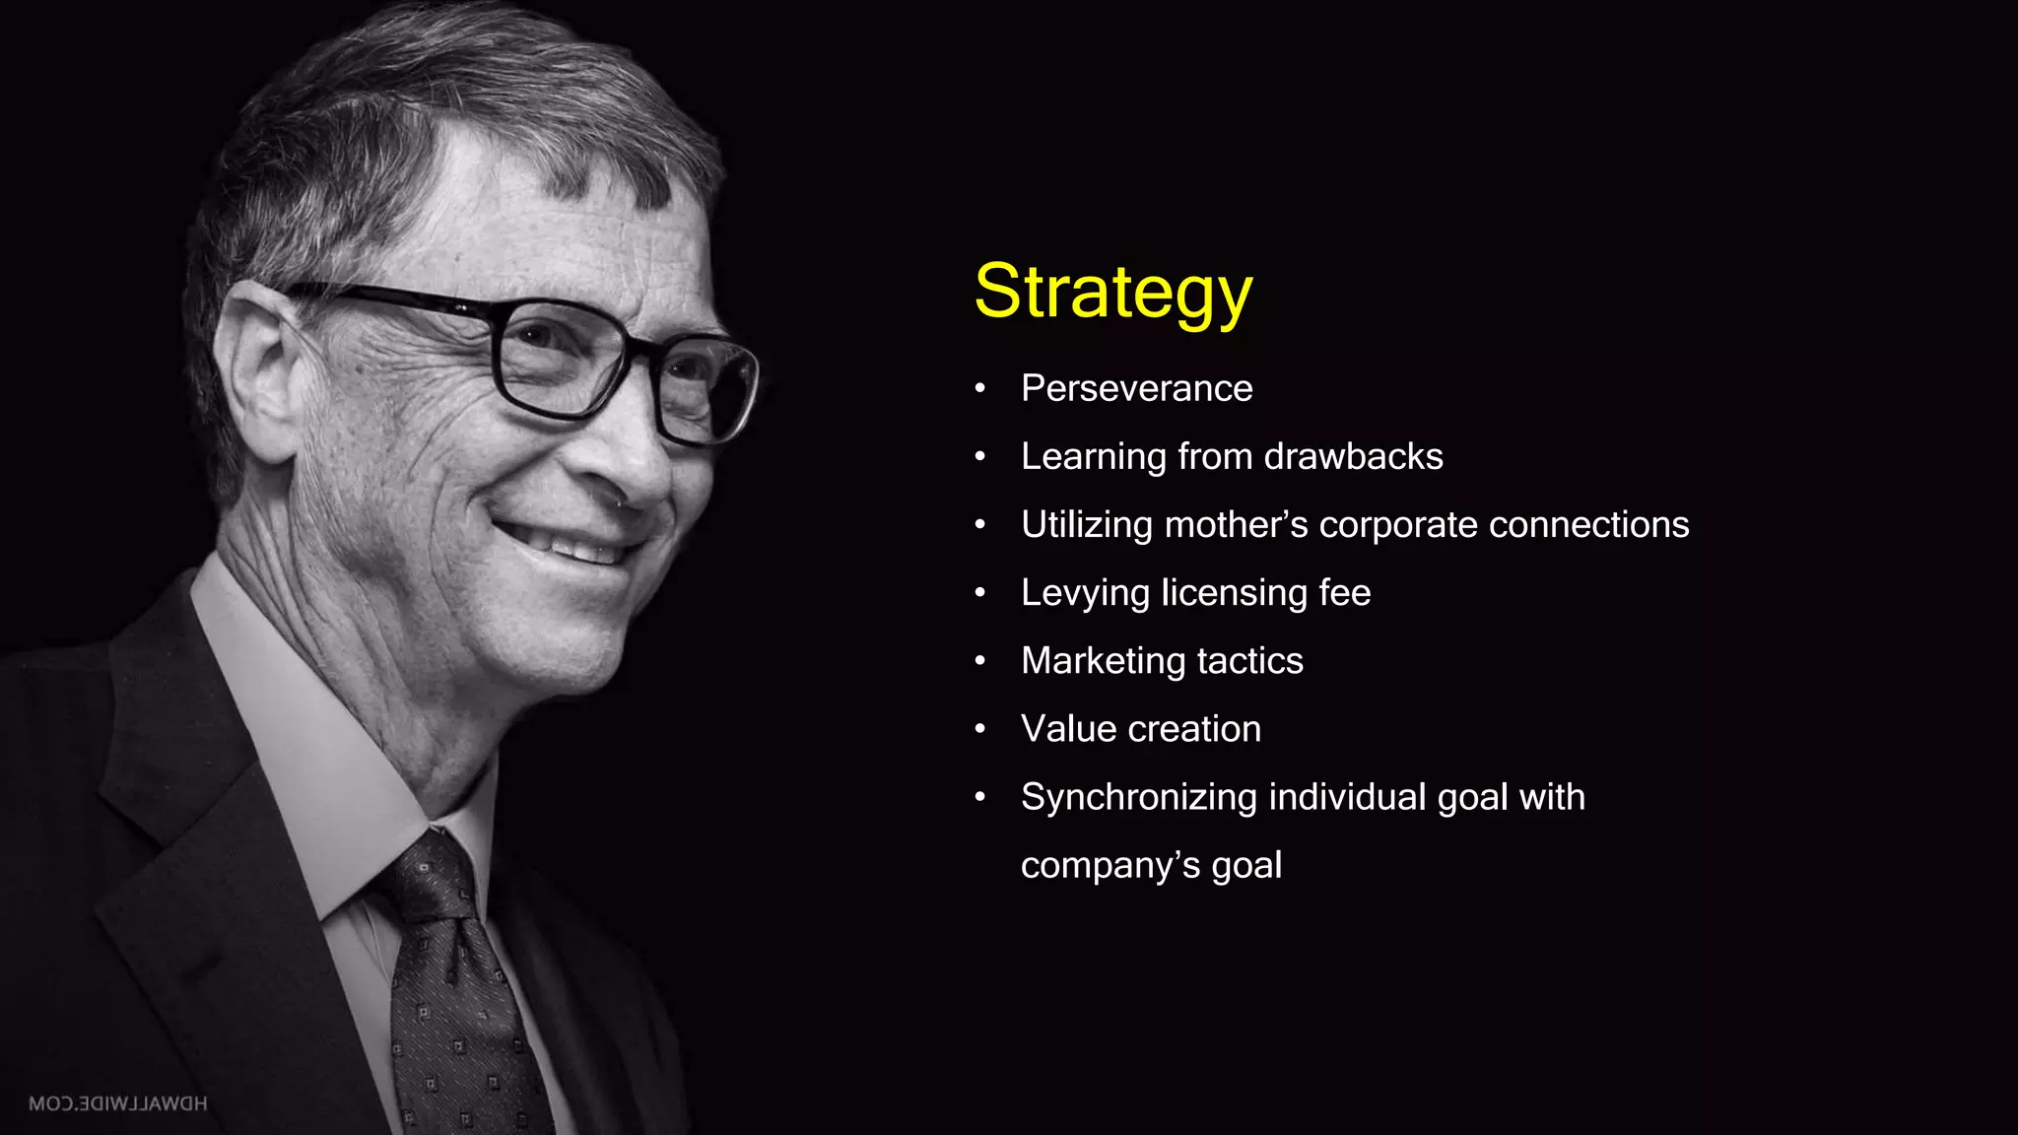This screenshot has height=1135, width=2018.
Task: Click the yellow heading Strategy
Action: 1112,292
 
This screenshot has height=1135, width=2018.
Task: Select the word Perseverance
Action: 1136,388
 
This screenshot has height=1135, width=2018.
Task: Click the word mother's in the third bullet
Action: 1236,524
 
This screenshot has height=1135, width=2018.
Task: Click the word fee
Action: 1344,592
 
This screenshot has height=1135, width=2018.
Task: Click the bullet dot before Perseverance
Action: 979,389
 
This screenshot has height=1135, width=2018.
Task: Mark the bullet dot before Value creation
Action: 979,729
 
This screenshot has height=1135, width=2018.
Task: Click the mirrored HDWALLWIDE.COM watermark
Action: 118,1103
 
